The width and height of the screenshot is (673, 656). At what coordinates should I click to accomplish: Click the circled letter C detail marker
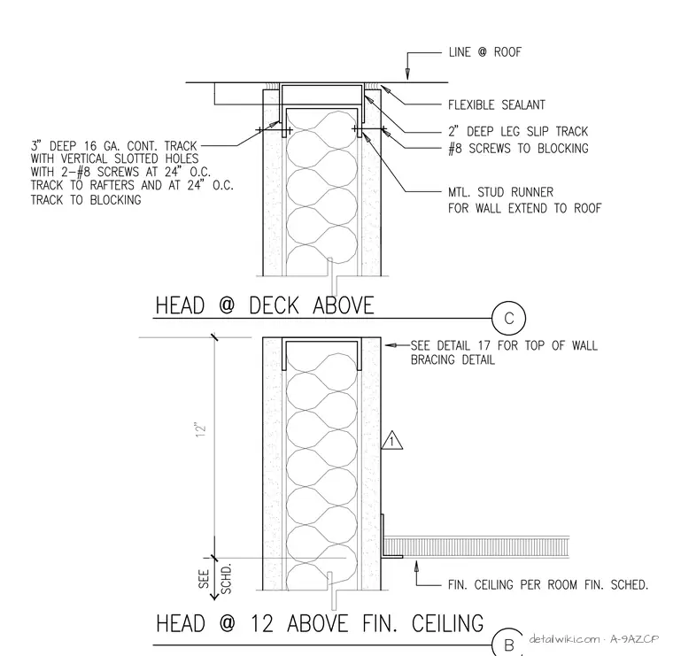tap(508, 319)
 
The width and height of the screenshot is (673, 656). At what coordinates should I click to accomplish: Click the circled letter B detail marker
tap(508, 643)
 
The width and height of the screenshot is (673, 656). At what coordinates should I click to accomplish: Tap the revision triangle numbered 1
tap(392, 440)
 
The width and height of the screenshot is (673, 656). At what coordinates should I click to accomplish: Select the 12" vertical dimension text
tap(201, 430)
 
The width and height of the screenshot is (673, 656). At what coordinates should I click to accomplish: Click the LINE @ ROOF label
tap(485, 52)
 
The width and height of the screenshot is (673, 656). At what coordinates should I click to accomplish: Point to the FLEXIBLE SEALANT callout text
tap(497, 104)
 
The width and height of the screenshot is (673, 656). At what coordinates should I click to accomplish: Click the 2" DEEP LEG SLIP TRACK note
tap(518, 131)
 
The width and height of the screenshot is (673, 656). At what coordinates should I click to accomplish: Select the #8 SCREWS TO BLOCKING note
tap(518, 149)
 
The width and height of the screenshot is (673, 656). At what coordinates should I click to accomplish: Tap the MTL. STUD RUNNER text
tap(501, 192)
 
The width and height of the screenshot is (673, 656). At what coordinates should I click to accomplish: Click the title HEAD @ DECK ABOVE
tap(265, 305)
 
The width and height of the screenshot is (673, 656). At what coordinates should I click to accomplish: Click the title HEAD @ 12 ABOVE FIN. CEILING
tap(320, 623)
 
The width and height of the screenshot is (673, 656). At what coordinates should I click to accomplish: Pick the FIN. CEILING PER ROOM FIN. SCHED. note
tap(548, 585)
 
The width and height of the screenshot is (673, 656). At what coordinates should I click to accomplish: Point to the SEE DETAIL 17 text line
tap(504, 345)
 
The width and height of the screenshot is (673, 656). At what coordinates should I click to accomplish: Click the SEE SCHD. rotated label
tap(214, 579)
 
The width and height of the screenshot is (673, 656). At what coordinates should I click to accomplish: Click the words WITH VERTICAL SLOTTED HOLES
tap(114, 159)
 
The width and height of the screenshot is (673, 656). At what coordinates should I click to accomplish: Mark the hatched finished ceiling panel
tap(476, 546)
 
